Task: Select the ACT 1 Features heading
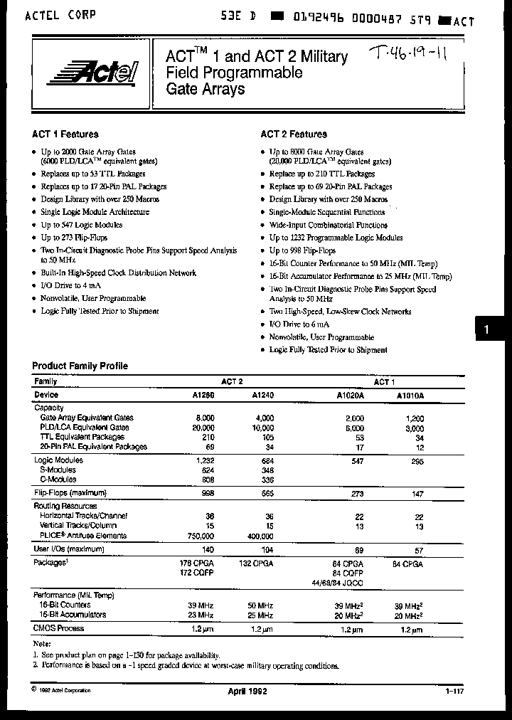tap(65, 134)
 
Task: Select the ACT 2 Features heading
tap(294, 134)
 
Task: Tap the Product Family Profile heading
tap(80, 366)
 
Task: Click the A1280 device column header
tap(203, 395)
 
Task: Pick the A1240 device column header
tap(263, 395)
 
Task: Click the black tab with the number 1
tap(486, 330)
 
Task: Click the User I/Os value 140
tap(208, 551)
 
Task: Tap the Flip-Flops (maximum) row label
tap(70, 492)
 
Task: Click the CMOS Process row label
tap(59, 628)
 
